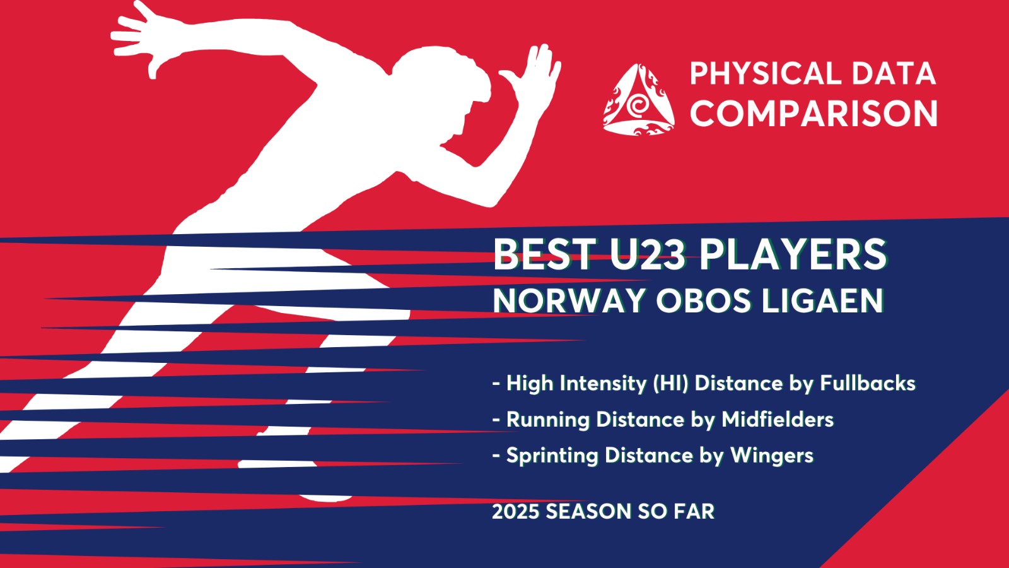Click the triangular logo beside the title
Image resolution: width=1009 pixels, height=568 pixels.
click(639, 100)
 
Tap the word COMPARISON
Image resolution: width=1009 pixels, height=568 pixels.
click(814, 113)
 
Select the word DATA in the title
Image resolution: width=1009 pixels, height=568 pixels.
click(894, 73)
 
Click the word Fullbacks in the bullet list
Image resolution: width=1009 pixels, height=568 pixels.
click(868, 383)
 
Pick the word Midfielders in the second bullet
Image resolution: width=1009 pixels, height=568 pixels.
click(778, 419)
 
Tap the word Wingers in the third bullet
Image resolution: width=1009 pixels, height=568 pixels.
click(772, 456)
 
